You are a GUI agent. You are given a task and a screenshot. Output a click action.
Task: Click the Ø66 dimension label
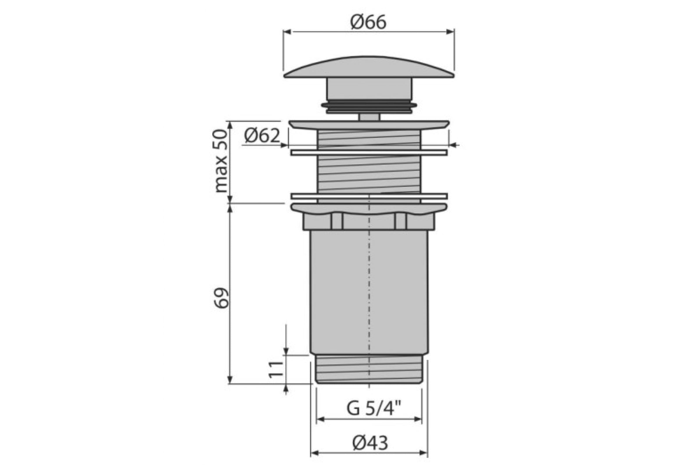tap(368, 23)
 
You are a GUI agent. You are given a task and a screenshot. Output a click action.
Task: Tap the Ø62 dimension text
tap(262, 136)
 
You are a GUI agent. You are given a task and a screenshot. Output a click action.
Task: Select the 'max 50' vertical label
tap(221, 162)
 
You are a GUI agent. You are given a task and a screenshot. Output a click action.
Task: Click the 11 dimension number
tap(276, 370)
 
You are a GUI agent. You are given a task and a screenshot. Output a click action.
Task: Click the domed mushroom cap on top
tap(369, 67)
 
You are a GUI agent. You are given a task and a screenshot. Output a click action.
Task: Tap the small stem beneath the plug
tap(369, 117)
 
